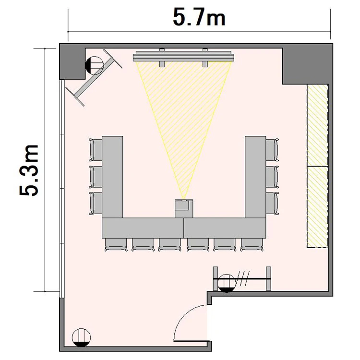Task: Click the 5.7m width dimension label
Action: pyautogui.click(x=199, y=18)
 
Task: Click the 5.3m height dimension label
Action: pyautogui.click(x=29, y=170)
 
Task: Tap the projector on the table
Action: pyautogui.click(x=184, y=208)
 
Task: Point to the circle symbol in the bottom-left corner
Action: pyautogui.click(x=81, y=337)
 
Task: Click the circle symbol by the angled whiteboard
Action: pyautogui.click(x=95, y=65)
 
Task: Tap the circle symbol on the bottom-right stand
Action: pyautogui.click(x=227, y=283)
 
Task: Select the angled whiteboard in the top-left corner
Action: pyautogui.click(x=94, y=77)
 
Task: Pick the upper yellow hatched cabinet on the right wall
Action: pyautogui.click(x=318, y=125)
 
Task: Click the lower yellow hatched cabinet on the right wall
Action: pyautogui.click(x=318, y=207)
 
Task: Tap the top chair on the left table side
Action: pyautogui.click(x=96, y=150)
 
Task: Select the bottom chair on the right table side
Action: pyautogui.click(x=272, y=204)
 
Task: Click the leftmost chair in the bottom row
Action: pyautogui.click(x=116, y=245)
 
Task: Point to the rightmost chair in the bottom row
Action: pyautogui.click(x=252, y=245)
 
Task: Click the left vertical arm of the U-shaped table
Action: pyautogui.click(x=112, y=177)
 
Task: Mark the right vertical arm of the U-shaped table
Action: pyautogui.click(x=255, y=177)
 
